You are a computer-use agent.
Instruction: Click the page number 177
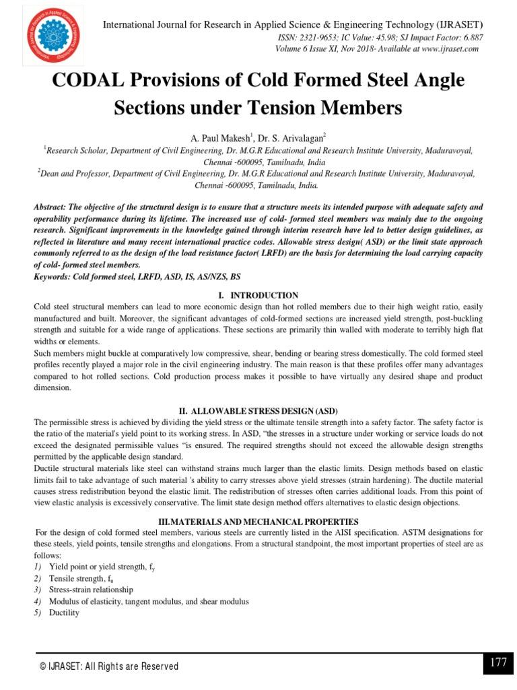[x=498, y=662]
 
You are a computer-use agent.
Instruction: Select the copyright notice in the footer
[x=108, y=666]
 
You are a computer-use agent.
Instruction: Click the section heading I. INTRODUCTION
[x=258, y=295]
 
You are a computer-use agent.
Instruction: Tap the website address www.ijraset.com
[x=440, y=49]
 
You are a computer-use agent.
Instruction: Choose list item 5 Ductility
[x=64, y=613]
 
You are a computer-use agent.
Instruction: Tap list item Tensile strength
[x=78, y=578]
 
